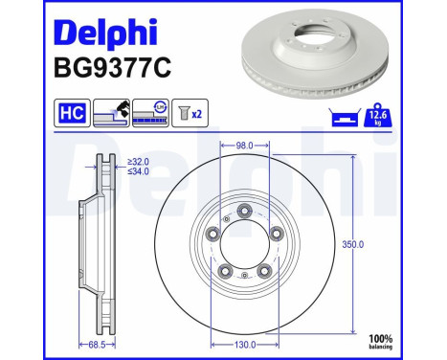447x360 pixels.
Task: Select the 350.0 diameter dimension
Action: pos(354,245)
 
